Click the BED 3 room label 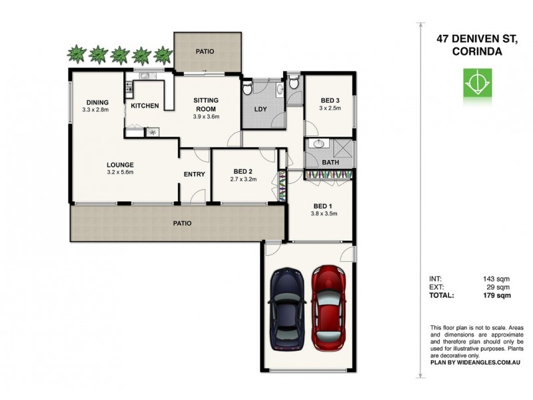[329, 100]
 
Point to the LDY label [260, 110]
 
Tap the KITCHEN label [144, 106]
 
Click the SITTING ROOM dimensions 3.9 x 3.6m [206, 117]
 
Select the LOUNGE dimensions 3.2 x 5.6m [121, 172]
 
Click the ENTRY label [194, 175]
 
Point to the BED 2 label [243, 171]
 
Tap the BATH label [330, 162]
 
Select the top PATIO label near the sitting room [205, 51]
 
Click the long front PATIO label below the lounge [182, 223]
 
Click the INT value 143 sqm [498, 278]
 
